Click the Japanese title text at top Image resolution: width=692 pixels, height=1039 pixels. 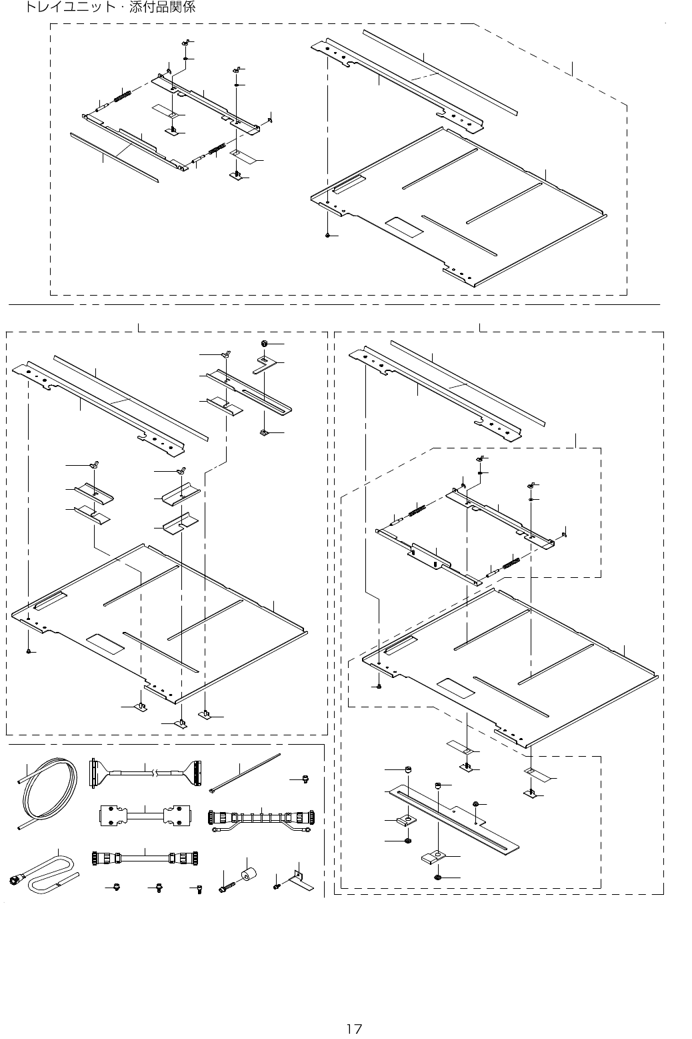click(x=110, y=9)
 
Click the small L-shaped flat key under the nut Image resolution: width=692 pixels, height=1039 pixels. click(x=266, y=364)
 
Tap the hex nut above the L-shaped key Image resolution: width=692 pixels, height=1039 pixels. click(x=264, y=343)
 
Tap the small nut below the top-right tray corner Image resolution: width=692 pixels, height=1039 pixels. click(x=328, y=236)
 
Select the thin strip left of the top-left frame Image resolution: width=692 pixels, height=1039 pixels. click(x=114, y=156)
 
